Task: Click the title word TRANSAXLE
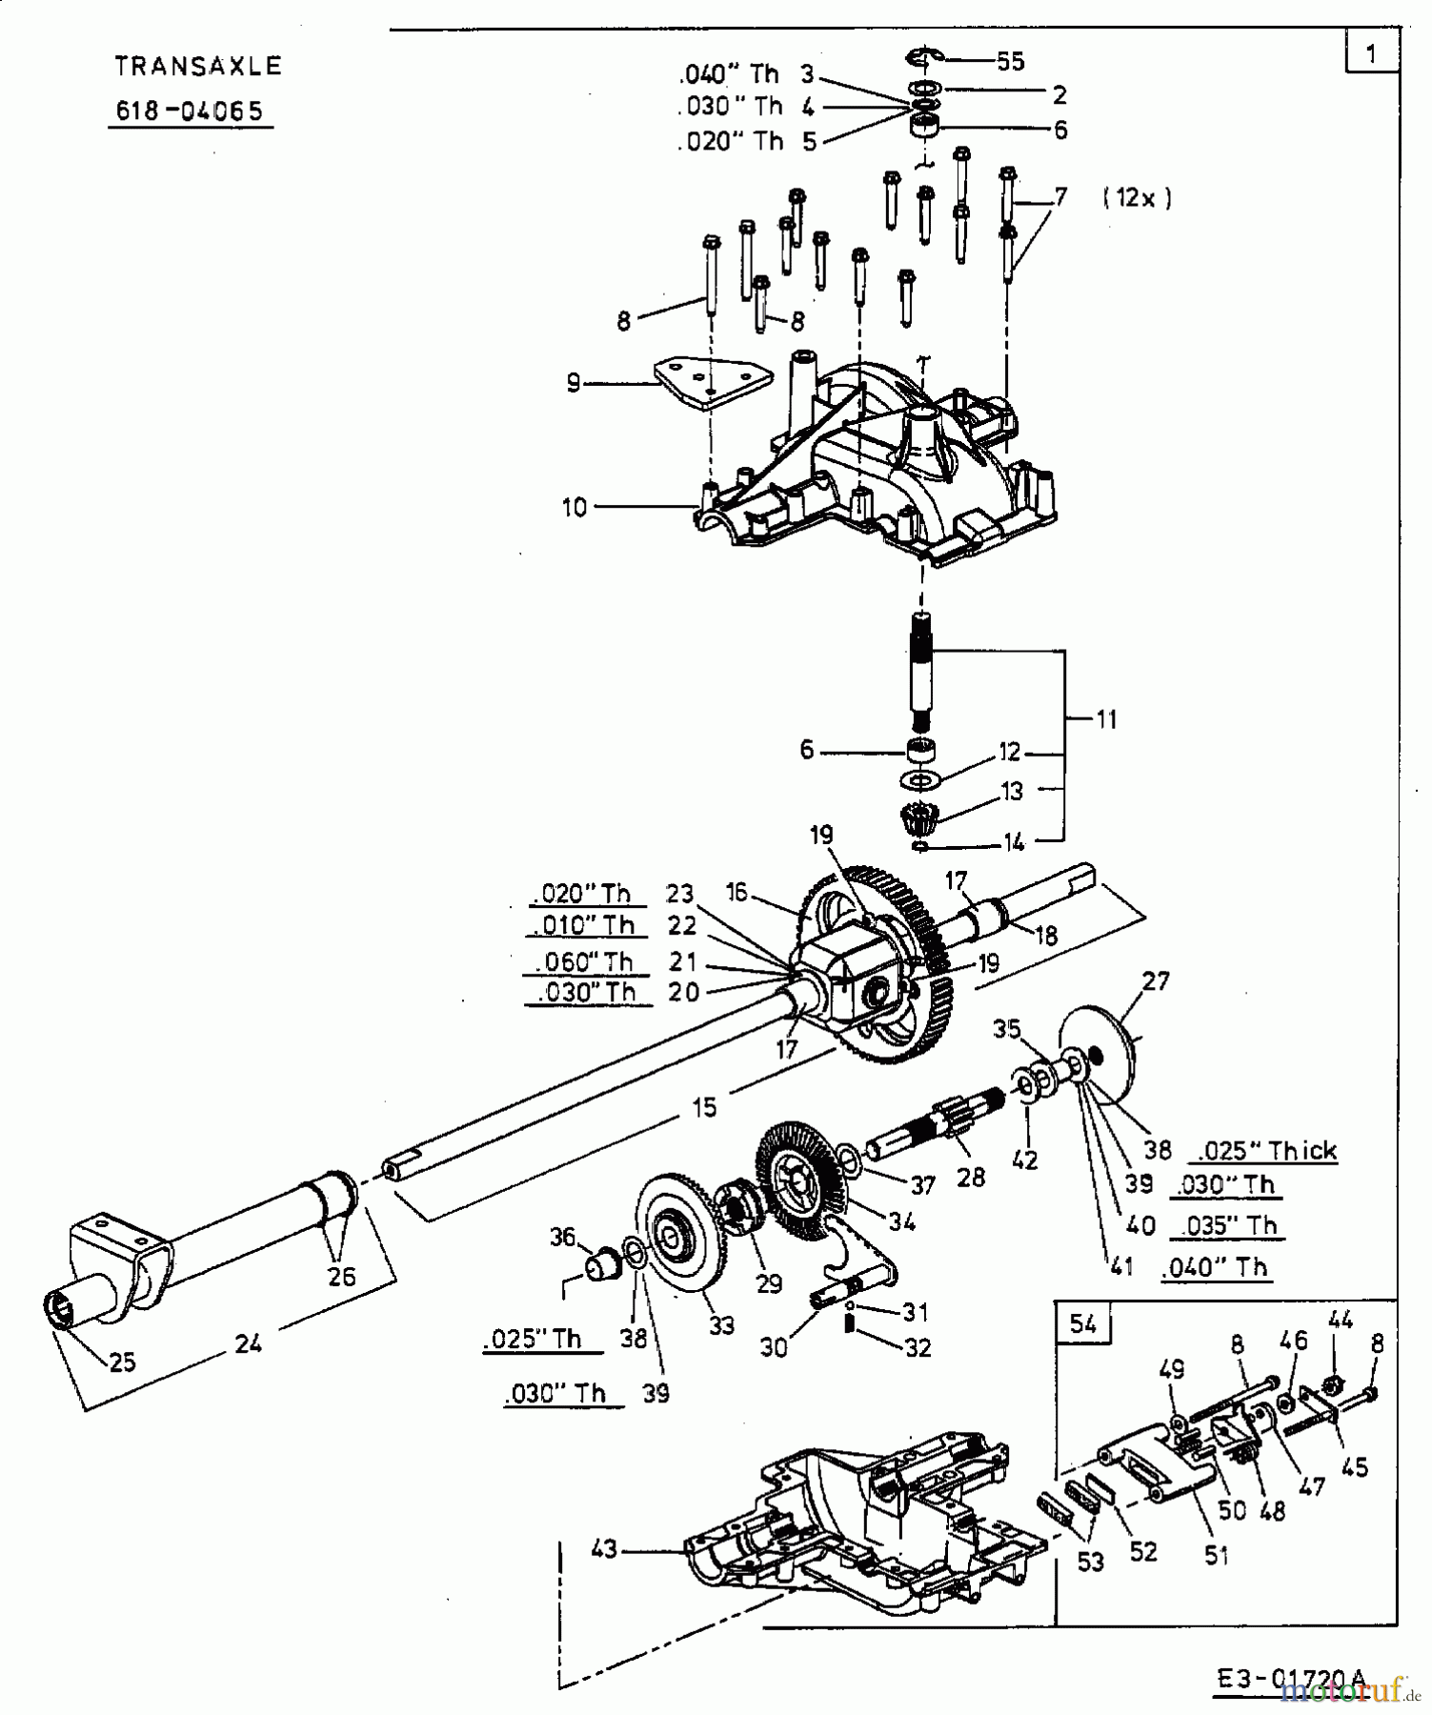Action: [x=198, y=66]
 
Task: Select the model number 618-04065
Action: [x=189, y=111]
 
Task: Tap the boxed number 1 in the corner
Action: [x=1370, y=53]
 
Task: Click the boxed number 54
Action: [x=1083, y=1324]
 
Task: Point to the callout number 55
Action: [x=1010, y=62]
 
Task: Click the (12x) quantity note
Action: [x=1137, y=198]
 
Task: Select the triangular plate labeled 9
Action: [x=711, y=383]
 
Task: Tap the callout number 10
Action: [x=575, y=508]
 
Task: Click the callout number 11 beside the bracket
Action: [x=1105, y=718]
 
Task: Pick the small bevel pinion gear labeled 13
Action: [x=920, y=818]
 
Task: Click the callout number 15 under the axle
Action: [x=704, y=1106]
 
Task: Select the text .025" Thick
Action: [x=1264, y=1150]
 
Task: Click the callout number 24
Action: [x=248, y=1344]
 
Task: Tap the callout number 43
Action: [x=604, y=1550]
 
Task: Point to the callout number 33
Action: [x=721, y=1325]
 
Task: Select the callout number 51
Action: [x=1217, y=1556]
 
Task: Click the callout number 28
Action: [x=970, y=1178]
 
